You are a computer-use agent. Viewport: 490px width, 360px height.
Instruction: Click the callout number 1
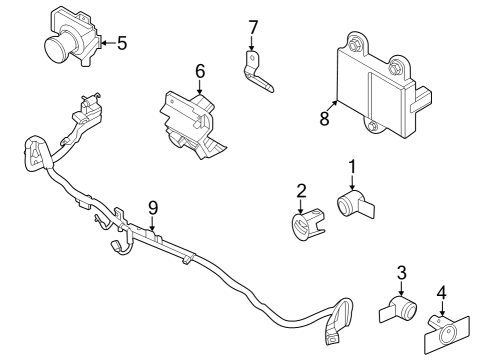pos(352,165)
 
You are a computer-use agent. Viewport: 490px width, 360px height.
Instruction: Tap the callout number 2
pos(301,190)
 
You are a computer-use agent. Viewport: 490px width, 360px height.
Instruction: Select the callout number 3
pos(401,272)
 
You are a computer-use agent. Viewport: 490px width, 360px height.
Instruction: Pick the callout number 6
pos(200,71)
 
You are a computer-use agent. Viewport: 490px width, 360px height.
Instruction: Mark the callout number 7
pos(253,26)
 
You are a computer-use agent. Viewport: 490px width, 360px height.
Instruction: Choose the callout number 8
pos(324,117)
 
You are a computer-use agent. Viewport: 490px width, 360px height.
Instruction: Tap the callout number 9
pos(153,207)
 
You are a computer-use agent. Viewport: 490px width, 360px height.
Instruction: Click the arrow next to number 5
pos(108,42)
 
